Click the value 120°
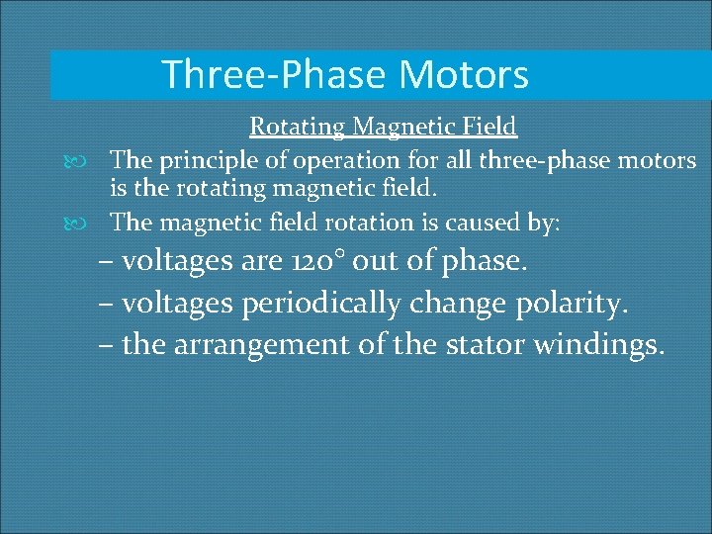tap(328, 262)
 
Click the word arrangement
tap(260, 345)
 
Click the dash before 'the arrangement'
tap(106, 346)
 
